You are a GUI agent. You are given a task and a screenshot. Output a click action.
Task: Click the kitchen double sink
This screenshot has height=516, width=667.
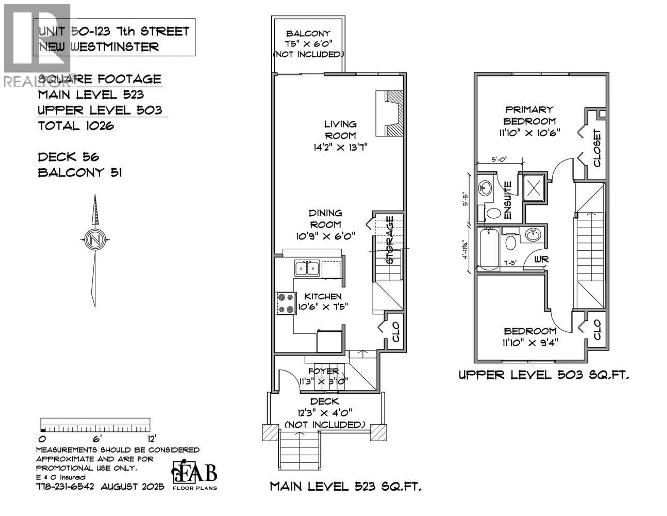click(x=307, y=268)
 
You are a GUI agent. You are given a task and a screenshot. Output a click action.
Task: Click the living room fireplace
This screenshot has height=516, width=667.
click(x=389, y=113)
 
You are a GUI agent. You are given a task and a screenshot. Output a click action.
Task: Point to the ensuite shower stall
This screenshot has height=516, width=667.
click(x=534, y=188)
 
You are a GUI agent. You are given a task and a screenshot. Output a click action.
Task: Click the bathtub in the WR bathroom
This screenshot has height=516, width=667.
click(x=489, y=249)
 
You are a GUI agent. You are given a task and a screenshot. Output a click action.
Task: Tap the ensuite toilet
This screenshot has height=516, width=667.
click(x=493, y=213)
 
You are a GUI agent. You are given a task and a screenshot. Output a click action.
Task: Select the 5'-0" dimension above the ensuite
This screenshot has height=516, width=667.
click(x=499, y=159)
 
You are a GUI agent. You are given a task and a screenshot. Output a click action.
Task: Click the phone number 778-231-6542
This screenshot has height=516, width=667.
click(x=65, y=486)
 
